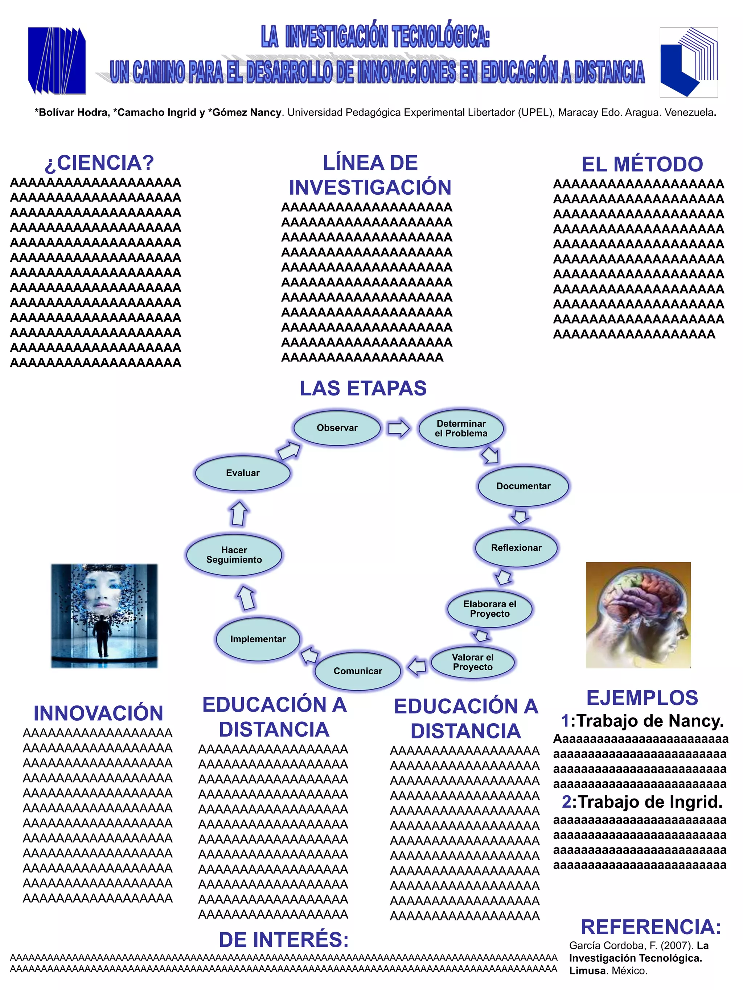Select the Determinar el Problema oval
tap(461, 428)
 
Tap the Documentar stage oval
tap(523, 486)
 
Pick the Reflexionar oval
tap(516, 548)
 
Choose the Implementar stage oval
tap(258, 639)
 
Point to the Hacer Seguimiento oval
tap(234, 555)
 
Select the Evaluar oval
tap(242, 473)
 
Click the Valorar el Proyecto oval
tap(472, 662)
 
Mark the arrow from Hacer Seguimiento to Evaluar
tap(239, 513)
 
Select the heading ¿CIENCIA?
tap(99, 163)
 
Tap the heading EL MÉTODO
tap(642, 164)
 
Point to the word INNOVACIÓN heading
tap(98, 713)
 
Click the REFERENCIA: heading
tap(650, 927)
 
